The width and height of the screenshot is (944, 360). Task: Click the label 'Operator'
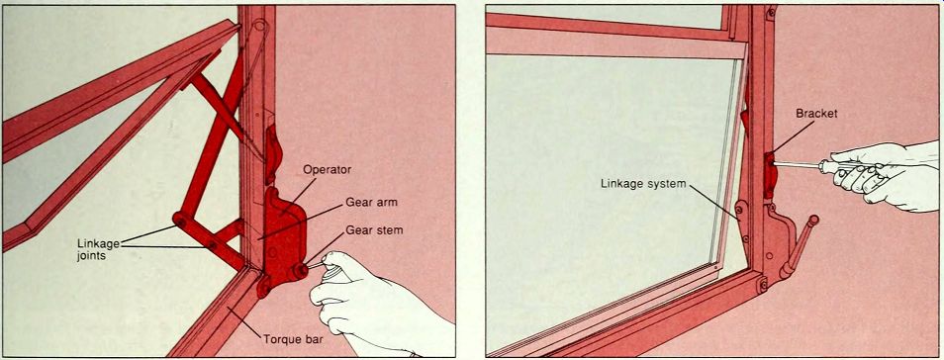pyautogui.click(x=327, y=170)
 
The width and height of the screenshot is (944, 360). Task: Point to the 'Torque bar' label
pyautogui.click(x=294, y=339)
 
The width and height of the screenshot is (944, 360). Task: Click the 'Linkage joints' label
pyautogui.click(x=99, y=248)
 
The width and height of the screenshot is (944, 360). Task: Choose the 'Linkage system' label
pyautogui.click(x=643, y=184)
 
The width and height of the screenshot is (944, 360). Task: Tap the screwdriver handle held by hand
pyautogui.click(x=844, y=168)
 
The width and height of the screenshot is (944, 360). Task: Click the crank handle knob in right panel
pyautogui.click(x=813, y=221)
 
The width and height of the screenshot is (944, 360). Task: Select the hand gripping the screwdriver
pyautogui.click(x=885, y=175)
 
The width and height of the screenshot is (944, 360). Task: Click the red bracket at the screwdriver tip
pyautogui.click(x=770, y=175)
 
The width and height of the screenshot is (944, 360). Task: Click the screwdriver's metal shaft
pyautogui.click(x=796, y=163)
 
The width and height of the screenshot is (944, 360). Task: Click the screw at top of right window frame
pyautogui.click(x=771, y=11)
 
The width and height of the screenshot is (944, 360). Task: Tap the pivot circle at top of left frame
pyautogui.click(x=259, y=26)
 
